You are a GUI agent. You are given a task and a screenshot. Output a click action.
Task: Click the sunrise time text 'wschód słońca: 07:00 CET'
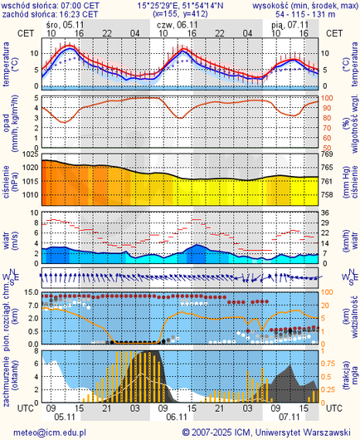[51, 5]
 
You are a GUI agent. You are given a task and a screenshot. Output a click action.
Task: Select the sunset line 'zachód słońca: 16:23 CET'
[51, 14]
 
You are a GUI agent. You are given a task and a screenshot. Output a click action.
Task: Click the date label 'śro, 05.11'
[64, 25]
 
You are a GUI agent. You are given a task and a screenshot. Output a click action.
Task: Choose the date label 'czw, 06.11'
[176, 25]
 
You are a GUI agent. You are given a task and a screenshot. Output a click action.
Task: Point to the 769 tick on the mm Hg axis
[327, 155]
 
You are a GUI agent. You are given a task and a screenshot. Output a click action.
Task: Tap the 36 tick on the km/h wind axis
[327, 213]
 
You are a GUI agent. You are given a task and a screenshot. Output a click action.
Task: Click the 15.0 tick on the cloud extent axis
[27, 293]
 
